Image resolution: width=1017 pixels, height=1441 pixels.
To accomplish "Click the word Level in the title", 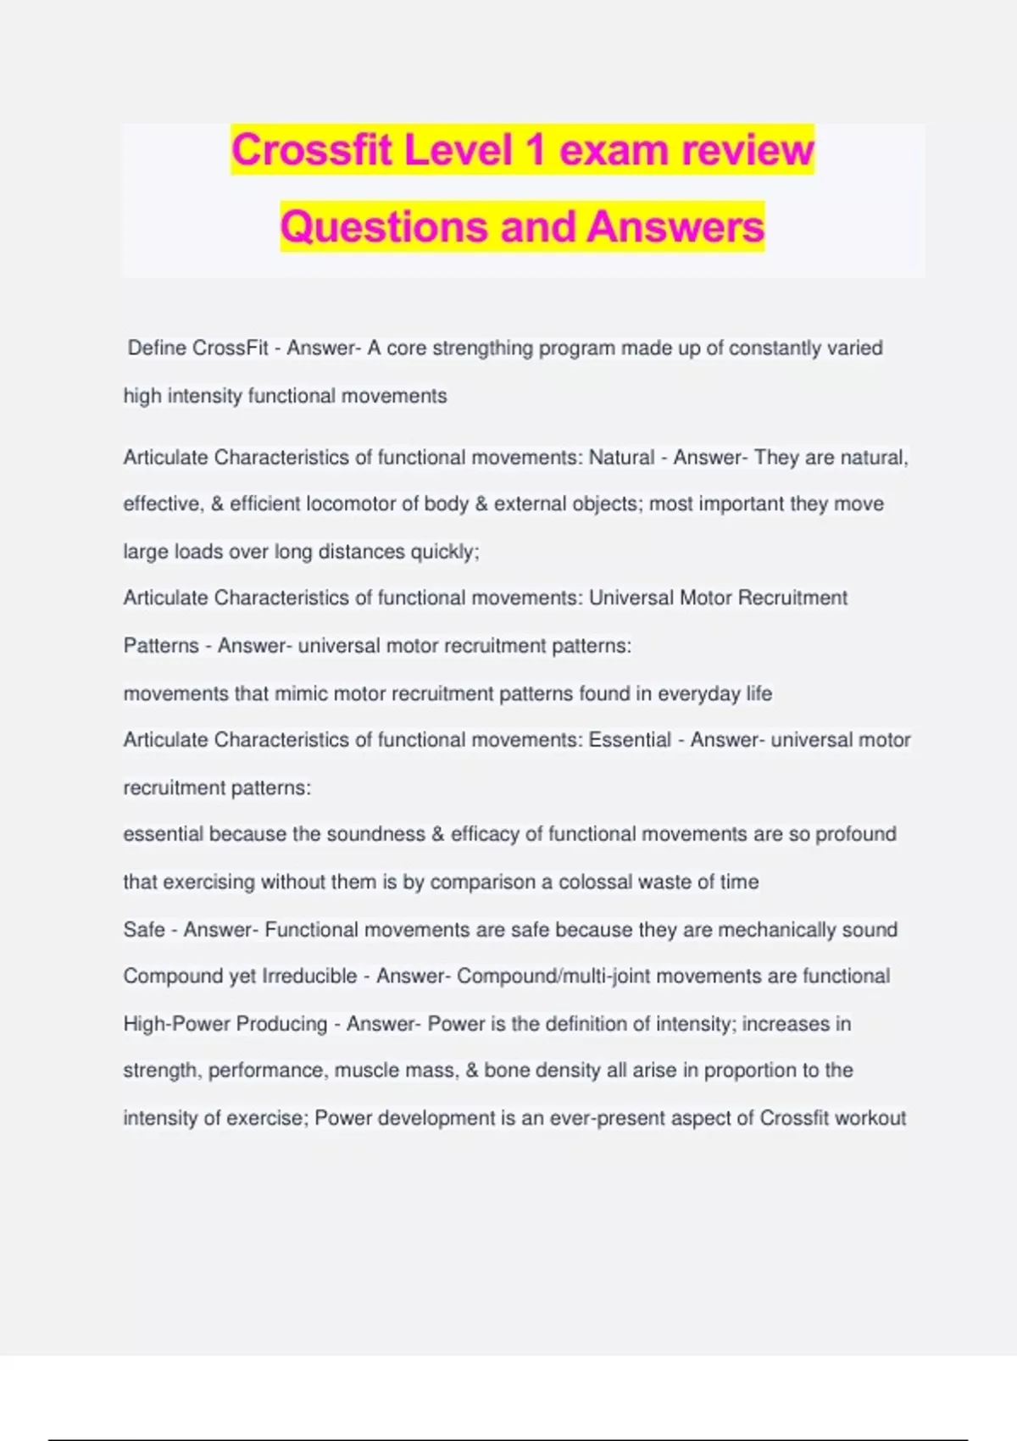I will (x=458, y=150).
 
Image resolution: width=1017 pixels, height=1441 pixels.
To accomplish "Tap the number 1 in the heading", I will (x=535, y=150).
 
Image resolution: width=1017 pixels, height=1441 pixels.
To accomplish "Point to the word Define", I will (x=157, y=348).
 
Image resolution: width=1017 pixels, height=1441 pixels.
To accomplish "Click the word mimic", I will (x=301, y=693).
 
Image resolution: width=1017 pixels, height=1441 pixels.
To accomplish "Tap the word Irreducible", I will (x=309, y=976).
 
